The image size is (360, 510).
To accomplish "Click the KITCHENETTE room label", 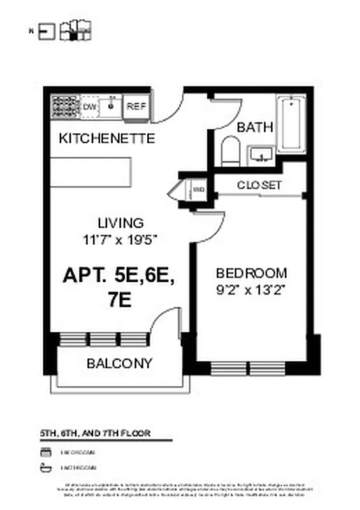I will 106,138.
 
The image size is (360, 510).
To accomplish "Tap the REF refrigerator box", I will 136,106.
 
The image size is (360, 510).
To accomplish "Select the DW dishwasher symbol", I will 90,106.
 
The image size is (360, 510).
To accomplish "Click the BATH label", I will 255,127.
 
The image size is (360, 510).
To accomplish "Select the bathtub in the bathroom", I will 292,123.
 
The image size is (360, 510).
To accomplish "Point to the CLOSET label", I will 259,185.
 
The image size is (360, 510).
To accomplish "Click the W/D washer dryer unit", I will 198,189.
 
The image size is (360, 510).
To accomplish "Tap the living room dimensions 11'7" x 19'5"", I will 120,240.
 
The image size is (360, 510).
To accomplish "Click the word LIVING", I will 120,223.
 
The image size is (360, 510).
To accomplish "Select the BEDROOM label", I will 251,273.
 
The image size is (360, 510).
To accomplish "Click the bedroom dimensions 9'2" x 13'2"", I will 251,290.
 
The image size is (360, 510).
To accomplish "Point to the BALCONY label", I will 120,364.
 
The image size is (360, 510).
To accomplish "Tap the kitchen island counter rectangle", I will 90,171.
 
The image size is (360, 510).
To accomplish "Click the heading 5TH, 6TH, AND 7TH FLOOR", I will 95,433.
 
